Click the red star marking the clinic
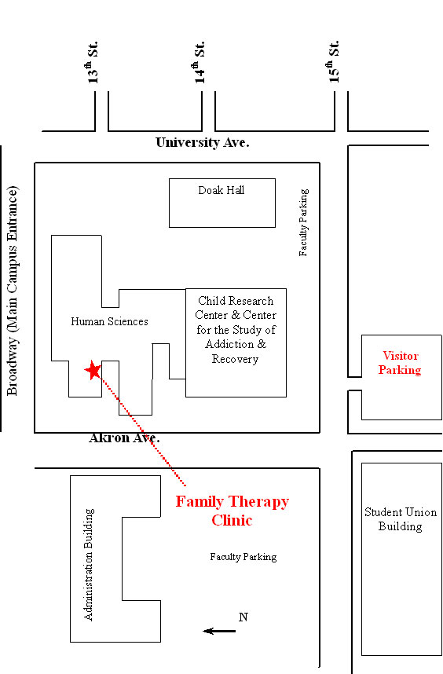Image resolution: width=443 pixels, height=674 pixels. (93, 370)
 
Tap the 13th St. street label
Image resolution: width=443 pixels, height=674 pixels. (93, 62)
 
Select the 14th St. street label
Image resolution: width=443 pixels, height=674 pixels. (199, 62)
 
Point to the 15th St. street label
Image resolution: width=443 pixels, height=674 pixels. (334, 61)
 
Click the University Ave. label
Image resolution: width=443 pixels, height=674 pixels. (203, 142)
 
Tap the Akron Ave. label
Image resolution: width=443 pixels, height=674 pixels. (124, 438)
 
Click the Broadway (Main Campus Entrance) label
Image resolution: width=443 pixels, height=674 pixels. (13, 291)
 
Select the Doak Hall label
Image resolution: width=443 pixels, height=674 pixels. (222, 190)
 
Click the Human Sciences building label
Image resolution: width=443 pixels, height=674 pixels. (109, 321)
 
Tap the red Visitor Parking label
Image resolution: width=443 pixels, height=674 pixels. (400, 363)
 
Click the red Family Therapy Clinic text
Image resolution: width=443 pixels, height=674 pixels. (232, 511)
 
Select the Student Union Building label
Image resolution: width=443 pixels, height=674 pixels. (401, 519)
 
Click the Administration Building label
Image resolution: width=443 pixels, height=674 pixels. (89, 564)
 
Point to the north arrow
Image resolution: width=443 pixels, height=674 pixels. (219, 631)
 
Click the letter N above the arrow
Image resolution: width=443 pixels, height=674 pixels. (243, 617)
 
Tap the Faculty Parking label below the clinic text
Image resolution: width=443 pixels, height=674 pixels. (243, 557)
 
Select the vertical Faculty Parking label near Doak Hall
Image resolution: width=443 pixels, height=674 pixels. (304, 222)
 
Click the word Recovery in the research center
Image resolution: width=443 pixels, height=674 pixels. (235, 359)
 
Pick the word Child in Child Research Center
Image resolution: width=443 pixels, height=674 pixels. (210, 300)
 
